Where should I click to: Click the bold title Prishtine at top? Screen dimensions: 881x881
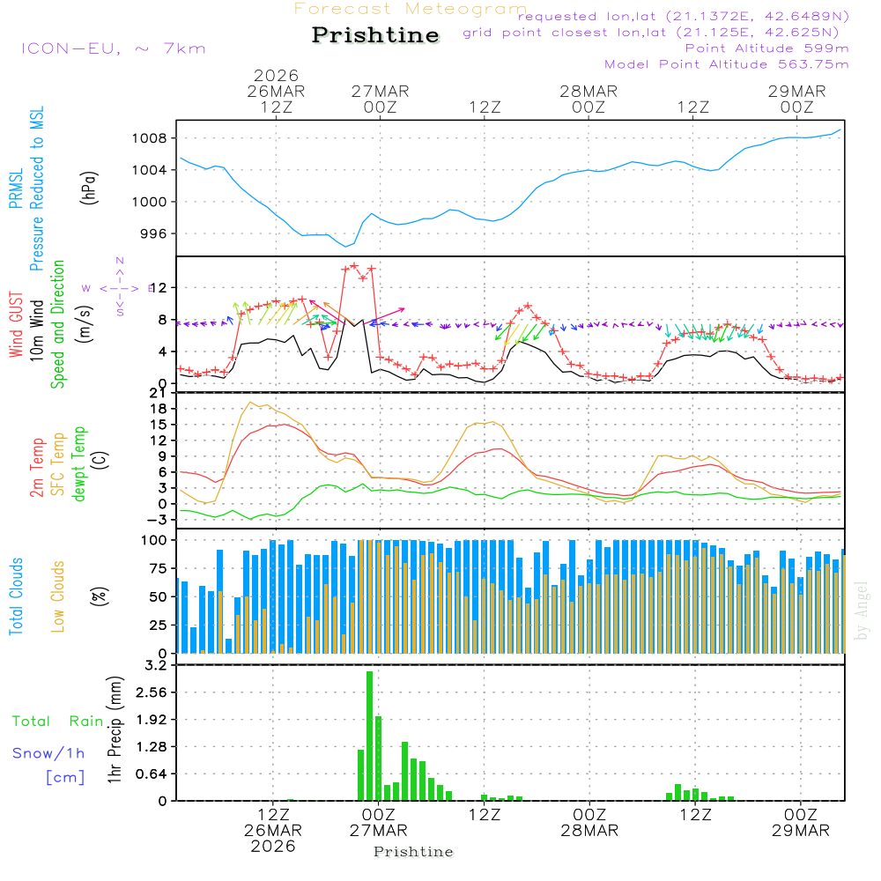375,35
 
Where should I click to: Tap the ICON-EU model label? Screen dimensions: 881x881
113,48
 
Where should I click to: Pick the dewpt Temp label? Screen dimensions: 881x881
80,464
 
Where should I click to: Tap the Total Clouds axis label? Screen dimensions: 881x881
16,596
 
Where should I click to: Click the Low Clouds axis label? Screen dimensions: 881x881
58,596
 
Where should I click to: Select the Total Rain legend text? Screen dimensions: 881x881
58,721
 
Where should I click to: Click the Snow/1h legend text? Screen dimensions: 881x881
49,753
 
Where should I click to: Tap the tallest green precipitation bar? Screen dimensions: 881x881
370,736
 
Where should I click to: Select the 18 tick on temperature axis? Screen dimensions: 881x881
159,409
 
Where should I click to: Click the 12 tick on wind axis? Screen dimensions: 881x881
159,288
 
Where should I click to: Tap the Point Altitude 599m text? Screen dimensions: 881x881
766,48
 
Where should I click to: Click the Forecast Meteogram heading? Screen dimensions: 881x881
411,9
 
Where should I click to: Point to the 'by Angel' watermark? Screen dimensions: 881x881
862,610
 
